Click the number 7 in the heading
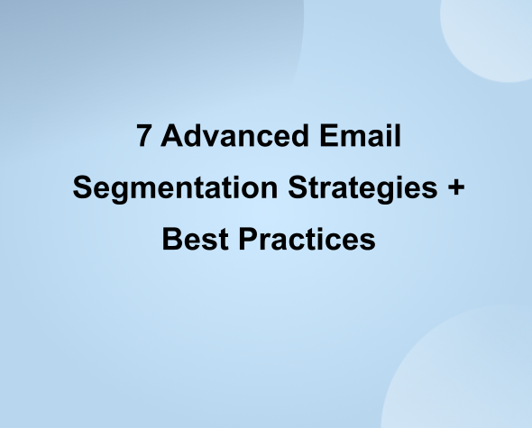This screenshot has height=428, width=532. coord(144,137)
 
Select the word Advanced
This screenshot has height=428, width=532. coord(229,137)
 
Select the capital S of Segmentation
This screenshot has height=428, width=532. coord(81,189)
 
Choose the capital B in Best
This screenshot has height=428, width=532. coord(170,241)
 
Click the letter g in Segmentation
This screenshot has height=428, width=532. coord(117,192)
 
